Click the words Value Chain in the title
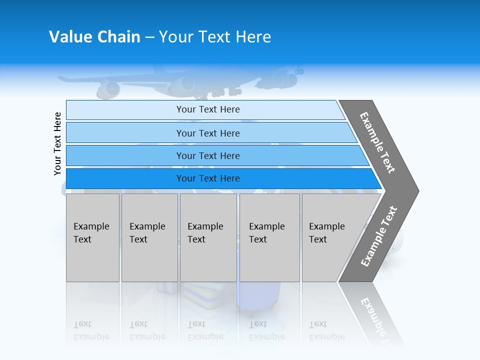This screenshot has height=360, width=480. pyautogui.click(x=94, y=37)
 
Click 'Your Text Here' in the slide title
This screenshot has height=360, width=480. pyautogui.click(x=215, y=37)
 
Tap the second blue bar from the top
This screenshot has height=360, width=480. pyautogui.click(x=208, y=133)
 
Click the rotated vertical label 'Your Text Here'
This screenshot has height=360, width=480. pyautogui.click(x=57, y=143)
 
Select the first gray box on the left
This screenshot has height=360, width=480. pyautogui.click(x=92, y=237)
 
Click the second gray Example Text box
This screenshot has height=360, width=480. pyautogui.click(x=149, y=237)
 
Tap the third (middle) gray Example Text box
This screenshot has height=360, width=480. pyautogui.click(x=208, y=237)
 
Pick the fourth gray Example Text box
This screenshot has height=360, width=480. pyautogui.click(x=269, y=237)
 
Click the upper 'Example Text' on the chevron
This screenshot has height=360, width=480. pyautogui.click(x=377, y=142)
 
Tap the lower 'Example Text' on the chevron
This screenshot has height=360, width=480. pyautogui.click(x=379, y=236)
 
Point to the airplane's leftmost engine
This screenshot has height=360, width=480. pyautogui.click(x=108, y=89)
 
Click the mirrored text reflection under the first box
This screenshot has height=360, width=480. pyautogui.click(x=91, y=331)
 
